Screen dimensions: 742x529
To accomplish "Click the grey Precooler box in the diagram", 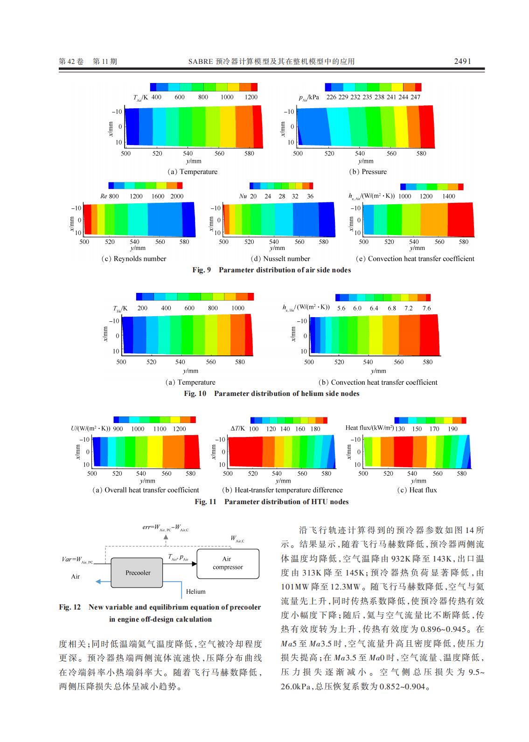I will tap(138, 573).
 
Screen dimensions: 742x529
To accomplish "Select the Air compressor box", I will tap(228, 563).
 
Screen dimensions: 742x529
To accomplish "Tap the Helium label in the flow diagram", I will tap(195, 591).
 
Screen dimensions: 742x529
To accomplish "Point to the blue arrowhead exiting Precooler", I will tap(98, 582).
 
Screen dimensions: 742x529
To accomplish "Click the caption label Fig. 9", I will tap(202, 270).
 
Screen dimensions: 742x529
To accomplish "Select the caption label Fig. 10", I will tap(195, 394).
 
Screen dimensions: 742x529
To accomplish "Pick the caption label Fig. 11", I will tap(205, 502).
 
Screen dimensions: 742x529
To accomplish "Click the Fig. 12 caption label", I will tap(70, 607).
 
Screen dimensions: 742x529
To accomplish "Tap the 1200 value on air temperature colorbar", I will tap(251, 97).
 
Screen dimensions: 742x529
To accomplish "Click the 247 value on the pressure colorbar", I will tap(415, 97).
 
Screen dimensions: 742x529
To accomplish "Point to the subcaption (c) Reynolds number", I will tap(133, 259).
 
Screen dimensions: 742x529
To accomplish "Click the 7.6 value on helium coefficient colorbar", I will tap(426, 308).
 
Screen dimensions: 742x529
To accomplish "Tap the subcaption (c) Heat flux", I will tap(417, 490).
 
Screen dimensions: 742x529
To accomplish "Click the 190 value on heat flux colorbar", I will tap(452, 429).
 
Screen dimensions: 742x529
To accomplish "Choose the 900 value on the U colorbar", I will tap(118, 429).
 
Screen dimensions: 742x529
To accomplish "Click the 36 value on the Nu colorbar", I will tap(310, 196).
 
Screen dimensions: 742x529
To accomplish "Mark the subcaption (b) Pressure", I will tap(368, 172).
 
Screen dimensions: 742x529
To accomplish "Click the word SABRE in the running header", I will tap(201, 61).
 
